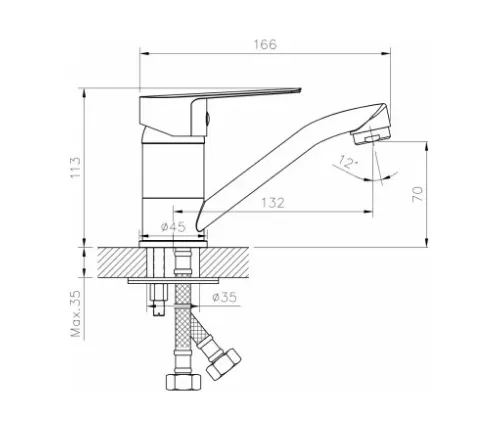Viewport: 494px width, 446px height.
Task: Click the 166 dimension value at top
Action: pyautogui.click(x=265, y=44)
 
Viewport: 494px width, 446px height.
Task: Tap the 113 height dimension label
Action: pyautogui.click(x=75, y=167)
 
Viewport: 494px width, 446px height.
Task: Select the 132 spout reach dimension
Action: pyautogui.click(x=273, y=203)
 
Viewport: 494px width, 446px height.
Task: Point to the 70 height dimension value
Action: pyautogui.click(x=418, y=194)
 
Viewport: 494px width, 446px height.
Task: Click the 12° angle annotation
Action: pyautogui.click(x=348, y=162)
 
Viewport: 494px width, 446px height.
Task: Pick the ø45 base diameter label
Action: pyautogui.click(x=173, y=227)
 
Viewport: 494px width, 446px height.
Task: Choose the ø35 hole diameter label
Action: pyautogui.click(x=224, y=297)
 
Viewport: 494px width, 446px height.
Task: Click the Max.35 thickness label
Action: pyautogui.click(x=76, y=314)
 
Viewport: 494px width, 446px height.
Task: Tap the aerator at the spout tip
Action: pyautogui.click(x=371, y=134)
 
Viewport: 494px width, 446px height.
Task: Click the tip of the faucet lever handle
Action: pyautogui.click(x=300, y=89)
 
